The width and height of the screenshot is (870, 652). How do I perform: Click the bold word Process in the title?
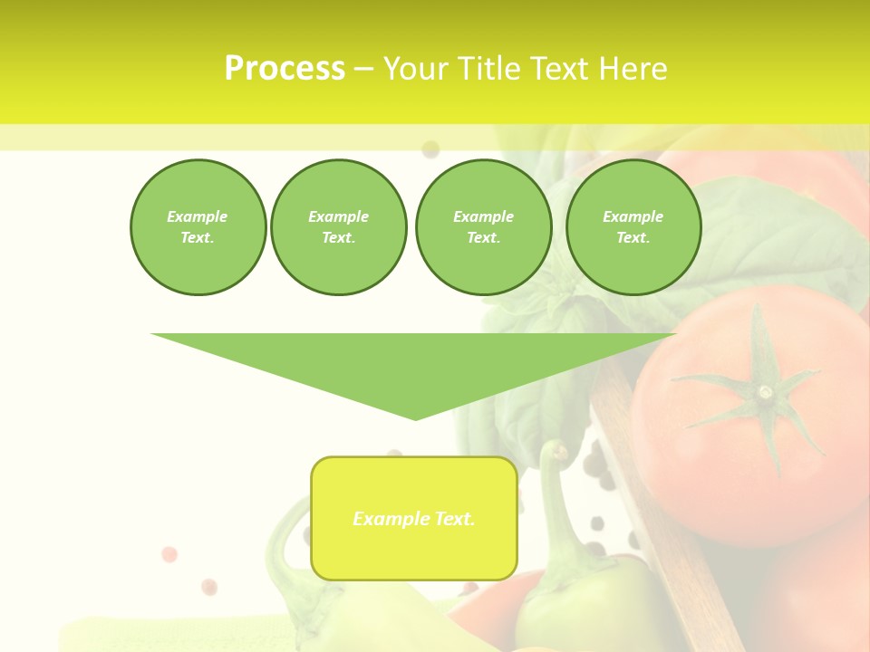(285, 69)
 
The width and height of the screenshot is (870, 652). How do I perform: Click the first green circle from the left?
(198, 227)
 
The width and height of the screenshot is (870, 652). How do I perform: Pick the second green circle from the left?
(338, 227)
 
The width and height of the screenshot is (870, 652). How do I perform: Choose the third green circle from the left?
(483, 227)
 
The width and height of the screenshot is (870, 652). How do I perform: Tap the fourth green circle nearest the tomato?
(633, 227)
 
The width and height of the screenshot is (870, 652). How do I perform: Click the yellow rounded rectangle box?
(414, 518)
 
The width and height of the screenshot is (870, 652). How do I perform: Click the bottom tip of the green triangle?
(415, 417)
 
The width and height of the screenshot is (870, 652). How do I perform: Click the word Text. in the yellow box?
(453, 519)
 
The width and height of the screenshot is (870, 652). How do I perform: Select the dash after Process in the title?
(363, 69)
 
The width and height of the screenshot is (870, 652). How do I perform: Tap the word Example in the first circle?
(198, 216)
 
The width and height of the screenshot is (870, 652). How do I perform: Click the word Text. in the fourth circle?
(633, 238)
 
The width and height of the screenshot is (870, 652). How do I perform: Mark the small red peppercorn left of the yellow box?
(169, 554)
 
